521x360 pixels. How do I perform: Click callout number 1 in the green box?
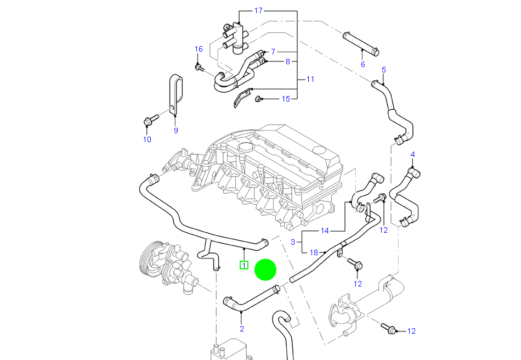pos(244,266)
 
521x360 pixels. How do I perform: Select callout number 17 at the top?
pos(259,11)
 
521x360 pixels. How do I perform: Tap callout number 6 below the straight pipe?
pos(363,64)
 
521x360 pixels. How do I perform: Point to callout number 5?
pos(384,70)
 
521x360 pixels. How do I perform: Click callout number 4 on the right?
pos(412,154)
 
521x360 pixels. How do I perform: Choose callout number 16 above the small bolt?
pos(199,49)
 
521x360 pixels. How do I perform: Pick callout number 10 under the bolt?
pos(147,139)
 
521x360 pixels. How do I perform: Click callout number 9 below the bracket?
pos(176,131)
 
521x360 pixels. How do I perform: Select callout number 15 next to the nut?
pos(286,99)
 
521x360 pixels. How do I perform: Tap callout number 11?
pos(310,80)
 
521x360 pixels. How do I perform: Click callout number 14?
pos(325,230)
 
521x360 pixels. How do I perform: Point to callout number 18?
pos(314,252)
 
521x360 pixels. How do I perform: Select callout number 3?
pos(293,241)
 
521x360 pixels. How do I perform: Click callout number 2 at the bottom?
pos(241,329)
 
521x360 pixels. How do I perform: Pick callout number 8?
pos(287,61)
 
